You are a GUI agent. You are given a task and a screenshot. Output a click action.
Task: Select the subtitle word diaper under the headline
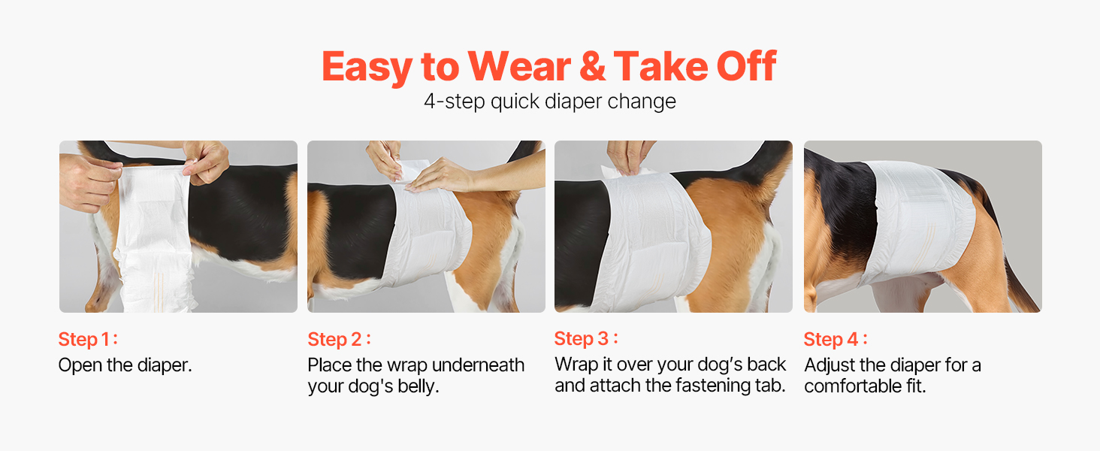tap(573, 102)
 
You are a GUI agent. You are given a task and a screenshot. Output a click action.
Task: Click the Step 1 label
tap(88, 340)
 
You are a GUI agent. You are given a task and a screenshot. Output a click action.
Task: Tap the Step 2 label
tap(339, 340)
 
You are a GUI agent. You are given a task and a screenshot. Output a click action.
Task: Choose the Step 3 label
tap(586, 338)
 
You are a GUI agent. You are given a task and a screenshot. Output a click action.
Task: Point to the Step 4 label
tap(836, 340)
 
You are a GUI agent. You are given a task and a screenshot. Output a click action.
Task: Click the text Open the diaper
tap(125, 365)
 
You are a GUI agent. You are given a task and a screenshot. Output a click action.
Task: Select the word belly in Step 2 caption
tap(418, 386)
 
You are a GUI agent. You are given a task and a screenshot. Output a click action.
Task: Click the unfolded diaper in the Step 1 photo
tap(153, 236)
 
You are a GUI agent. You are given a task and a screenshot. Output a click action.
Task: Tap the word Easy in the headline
tap(367, 67)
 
